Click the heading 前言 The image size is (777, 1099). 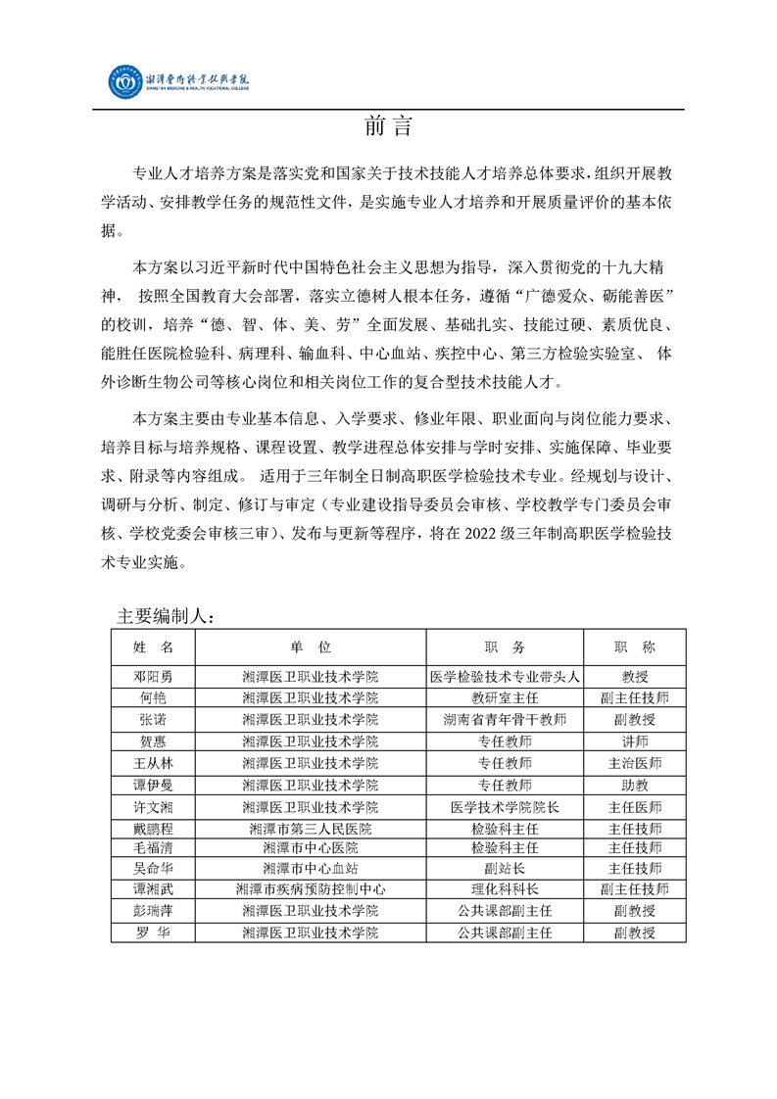[388, 127]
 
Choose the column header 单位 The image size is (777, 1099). [311, 647]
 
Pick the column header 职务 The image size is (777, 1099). [505, 647]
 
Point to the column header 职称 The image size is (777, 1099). [634, 647]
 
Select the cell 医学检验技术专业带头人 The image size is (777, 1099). [505, 676]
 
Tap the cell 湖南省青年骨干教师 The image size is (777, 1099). [505, 719]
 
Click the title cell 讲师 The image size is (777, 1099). [634, 741]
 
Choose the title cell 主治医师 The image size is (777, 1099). [634, 762]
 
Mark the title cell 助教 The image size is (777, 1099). [634, 784]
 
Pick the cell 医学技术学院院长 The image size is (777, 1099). [505, 806]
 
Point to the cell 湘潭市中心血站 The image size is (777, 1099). [311, 868]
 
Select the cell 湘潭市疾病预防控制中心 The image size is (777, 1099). [311, 889]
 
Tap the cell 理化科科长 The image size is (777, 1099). [505, 889]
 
